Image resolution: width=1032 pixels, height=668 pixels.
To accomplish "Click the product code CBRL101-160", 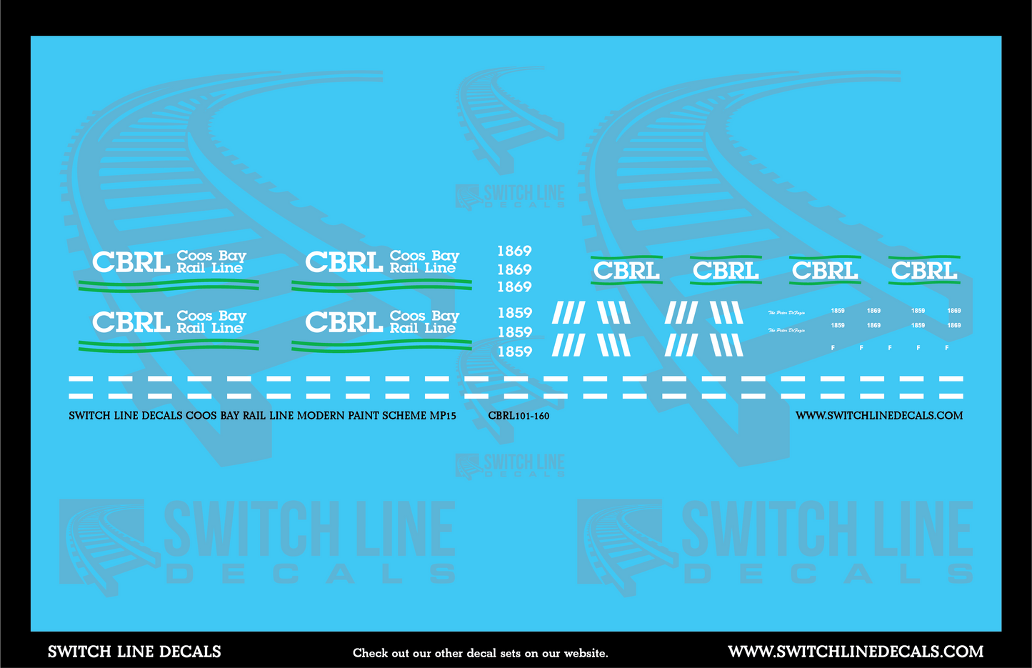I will click(518, 416).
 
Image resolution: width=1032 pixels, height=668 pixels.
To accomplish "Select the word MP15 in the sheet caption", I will click(443, 415).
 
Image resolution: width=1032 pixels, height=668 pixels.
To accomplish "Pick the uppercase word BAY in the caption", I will click(231, 415).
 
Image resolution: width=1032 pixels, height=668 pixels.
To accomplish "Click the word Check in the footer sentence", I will click(371, 653).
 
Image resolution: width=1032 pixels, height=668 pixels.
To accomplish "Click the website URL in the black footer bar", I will click(856, 652).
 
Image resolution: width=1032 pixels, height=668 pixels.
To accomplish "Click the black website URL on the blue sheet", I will click(879, 415).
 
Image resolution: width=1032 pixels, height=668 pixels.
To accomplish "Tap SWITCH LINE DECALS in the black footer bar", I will click(134, 652).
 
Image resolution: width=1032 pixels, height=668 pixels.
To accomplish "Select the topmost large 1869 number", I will click(514, 251).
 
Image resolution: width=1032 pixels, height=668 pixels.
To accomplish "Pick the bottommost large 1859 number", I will click(514, 352).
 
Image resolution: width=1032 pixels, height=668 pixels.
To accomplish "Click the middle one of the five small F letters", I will click(889, 348).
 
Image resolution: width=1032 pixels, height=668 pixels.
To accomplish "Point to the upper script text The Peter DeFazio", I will click(786, 313).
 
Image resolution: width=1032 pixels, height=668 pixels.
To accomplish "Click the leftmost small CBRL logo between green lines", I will click(626, 271).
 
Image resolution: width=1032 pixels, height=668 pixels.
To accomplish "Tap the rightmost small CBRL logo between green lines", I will click(924, 271).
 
